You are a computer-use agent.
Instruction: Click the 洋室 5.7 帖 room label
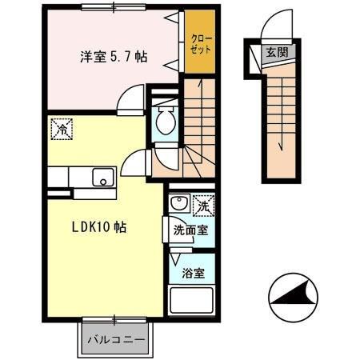point(111,58)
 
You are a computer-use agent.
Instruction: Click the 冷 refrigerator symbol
point(60,126)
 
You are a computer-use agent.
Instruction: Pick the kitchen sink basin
point(102,177)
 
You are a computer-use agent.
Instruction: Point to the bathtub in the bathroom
point(192,301)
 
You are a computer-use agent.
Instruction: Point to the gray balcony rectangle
point(115,339)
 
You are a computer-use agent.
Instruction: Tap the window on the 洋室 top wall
point(112,8)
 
